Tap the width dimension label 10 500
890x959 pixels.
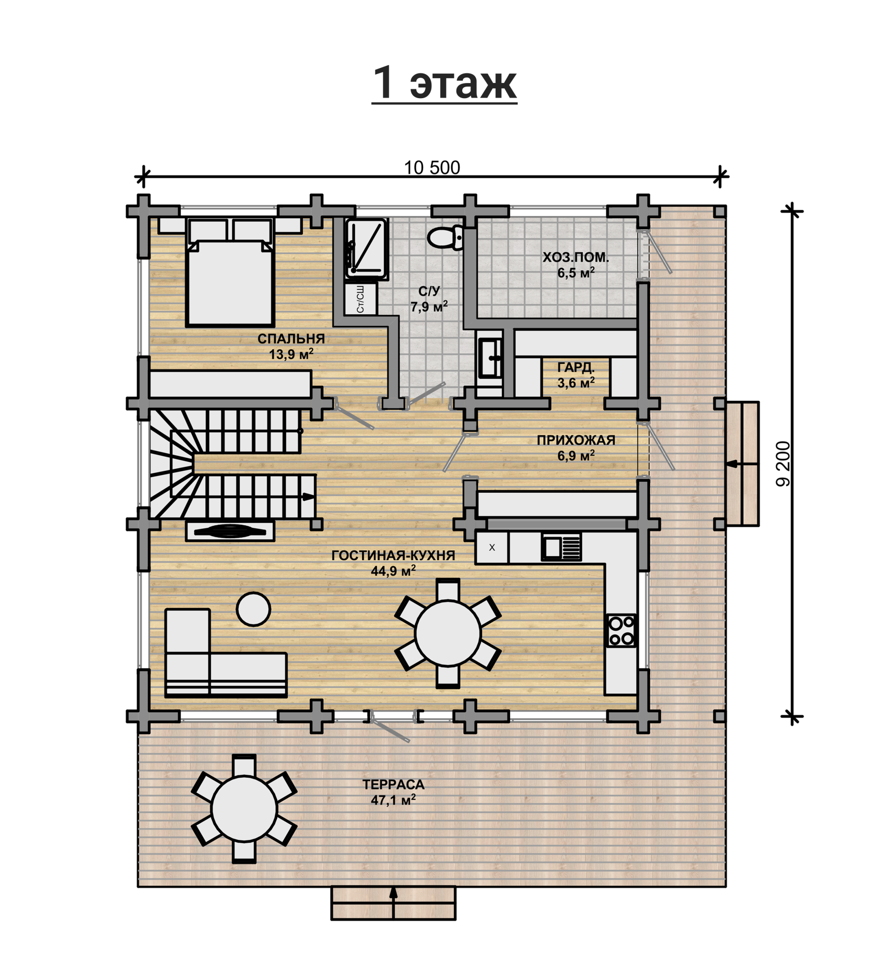(x=432, y=168)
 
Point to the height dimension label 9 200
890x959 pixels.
(x=783, y=464)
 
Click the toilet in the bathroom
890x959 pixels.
(x=446, y=238)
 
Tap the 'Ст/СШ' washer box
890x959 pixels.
(x=360, y=299)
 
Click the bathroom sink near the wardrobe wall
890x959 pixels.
(x=490, y=358)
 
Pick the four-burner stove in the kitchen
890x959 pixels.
(x=622, y=631)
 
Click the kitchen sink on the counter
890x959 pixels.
(x=561, y=547)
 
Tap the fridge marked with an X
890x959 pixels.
(x=491, y=548)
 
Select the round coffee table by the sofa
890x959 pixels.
(x=253, y=609)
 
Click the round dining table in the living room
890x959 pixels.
(x=448, y=633)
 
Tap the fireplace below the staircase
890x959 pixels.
(x=230, y=531)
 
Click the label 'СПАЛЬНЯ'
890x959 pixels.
(x=291, y=339)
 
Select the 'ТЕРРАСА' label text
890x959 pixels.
(x=393, y=785)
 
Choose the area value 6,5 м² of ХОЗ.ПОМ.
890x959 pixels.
(x=576, y=273)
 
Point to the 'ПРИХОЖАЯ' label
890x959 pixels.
(x=576, y=440)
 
